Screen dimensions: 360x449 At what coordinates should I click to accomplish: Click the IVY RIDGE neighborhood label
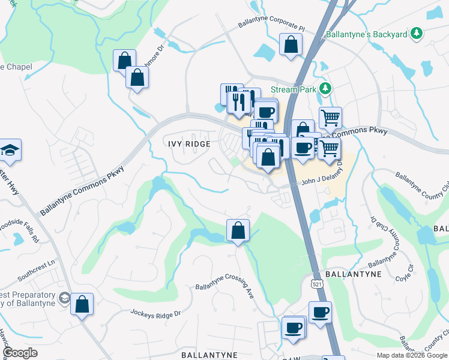pos(188,144)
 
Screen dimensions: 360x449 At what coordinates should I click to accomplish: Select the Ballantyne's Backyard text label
pos(366,35)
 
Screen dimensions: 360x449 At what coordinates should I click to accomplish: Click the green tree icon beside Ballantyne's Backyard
pos(415,34)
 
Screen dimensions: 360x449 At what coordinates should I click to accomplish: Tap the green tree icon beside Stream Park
pos(325,89)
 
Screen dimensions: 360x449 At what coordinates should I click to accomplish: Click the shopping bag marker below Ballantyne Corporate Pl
pos(291,44)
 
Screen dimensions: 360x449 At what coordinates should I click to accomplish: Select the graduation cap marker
pos(10,150)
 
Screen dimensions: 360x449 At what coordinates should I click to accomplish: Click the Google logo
pos(20,353)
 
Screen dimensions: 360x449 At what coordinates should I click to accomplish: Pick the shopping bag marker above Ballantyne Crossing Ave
pos(238,230)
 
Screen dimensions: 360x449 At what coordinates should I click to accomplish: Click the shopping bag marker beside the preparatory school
pos(82,304)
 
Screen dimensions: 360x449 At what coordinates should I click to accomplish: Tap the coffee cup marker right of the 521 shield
pos(320,312)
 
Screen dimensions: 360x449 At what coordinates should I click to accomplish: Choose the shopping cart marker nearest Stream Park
pos(330,118)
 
